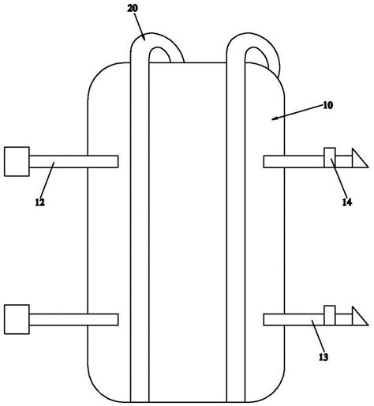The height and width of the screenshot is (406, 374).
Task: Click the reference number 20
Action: click(133, 9)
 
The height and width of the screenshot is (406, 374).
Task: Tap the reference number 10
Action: click(327, 105)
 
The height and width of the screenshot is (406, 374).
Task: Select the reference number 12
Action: click(40, 202)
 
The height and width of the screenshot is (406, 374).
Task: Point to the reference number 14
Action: click(347, 202)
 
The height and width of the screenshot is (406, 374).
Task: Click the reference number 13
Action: click(324, 357)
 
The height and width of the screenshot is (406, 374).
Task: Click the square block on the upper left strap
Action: click(17, 161)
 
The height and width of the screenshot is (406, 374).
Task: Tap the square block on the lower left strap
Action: click(17, 319)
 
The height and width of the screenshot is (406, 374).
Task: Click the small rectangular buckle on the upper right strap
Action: click(330, 157)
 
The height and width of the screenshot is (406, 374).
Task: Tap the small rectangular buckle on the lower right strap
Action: click(330, 315)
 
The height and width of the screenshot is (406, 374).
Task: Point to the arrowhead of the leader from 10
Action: click(274, 119)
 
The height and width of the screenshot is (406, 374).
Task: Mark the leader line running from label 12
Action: click(47, 179)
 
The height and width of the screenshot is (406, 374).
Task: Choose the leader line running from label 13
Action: click(317, 336)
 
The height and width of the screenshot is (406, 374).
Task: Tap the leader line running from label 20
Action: click(140, 27)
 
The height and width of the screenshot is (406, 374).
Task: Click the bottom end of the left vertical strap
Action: click(140, 402)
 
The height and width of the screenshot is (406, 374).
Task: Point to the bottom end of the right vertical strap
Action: click(236, 402)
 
